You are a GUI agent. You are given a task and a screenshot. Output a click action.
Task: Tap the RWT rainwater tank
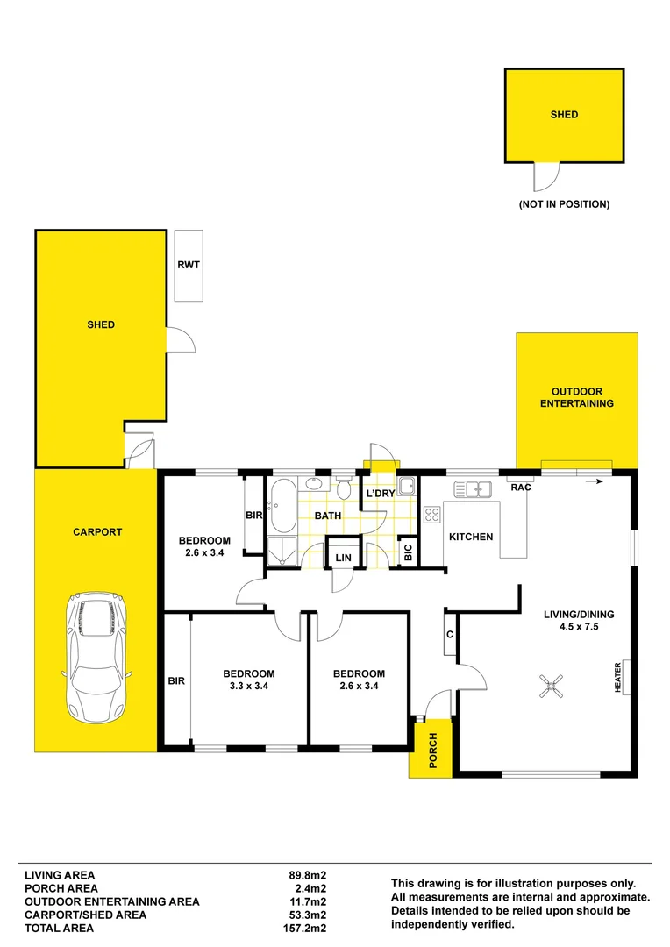pyautogui.click(x=189, y=265)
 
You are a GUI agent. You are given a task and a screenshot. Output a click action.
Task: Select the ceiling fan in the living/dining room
pyautogui.click(x=551, y=687)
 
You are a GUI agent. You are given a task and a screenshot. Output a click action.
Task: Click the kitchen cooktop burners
pyautogui.click(x=431, y=515)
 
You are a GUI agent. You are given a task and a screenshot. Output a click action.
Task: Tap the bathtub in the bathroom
pyautogui.click(x=282, y=506)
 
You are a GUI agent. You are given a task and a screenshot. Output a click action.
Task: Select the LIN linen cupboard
pyautogui.click(x=341, y=558)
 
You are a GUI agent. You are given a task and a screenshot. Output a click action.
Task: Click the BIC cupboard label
pyautogui.click(x=408, y=552)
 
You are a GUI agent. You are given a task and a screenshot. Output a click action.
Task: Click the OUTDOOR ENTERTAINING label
pyautogui.click(x=576, y=397)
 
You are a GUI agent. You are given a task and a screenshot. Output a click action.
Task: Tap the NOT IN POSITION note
pyautogui.click(x=564, y=204)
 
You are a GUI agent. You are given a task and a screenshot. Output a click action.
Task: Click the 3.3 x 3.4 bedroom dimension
pyautogui.click(x=248, y=687)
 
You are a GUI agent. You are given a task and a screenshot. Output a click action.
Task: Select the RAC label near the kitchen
pyautogui.click(x=522, y=488)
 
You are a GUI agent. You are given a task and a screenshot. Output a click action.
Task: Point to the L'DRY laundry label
pyautogui.click(x=380, y=494)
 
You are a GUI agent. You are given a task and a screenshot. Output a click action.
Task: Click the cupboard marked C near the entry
pyautogui.click(x=449, y=634)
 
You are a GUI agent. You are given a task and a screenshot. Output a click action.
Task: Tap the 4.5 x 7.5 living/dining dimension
pyautogui.click(x=576, y=627)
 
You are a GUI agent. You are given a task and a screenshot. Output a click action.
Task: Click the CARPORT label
pyautogui.click(x=97, y=532)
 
